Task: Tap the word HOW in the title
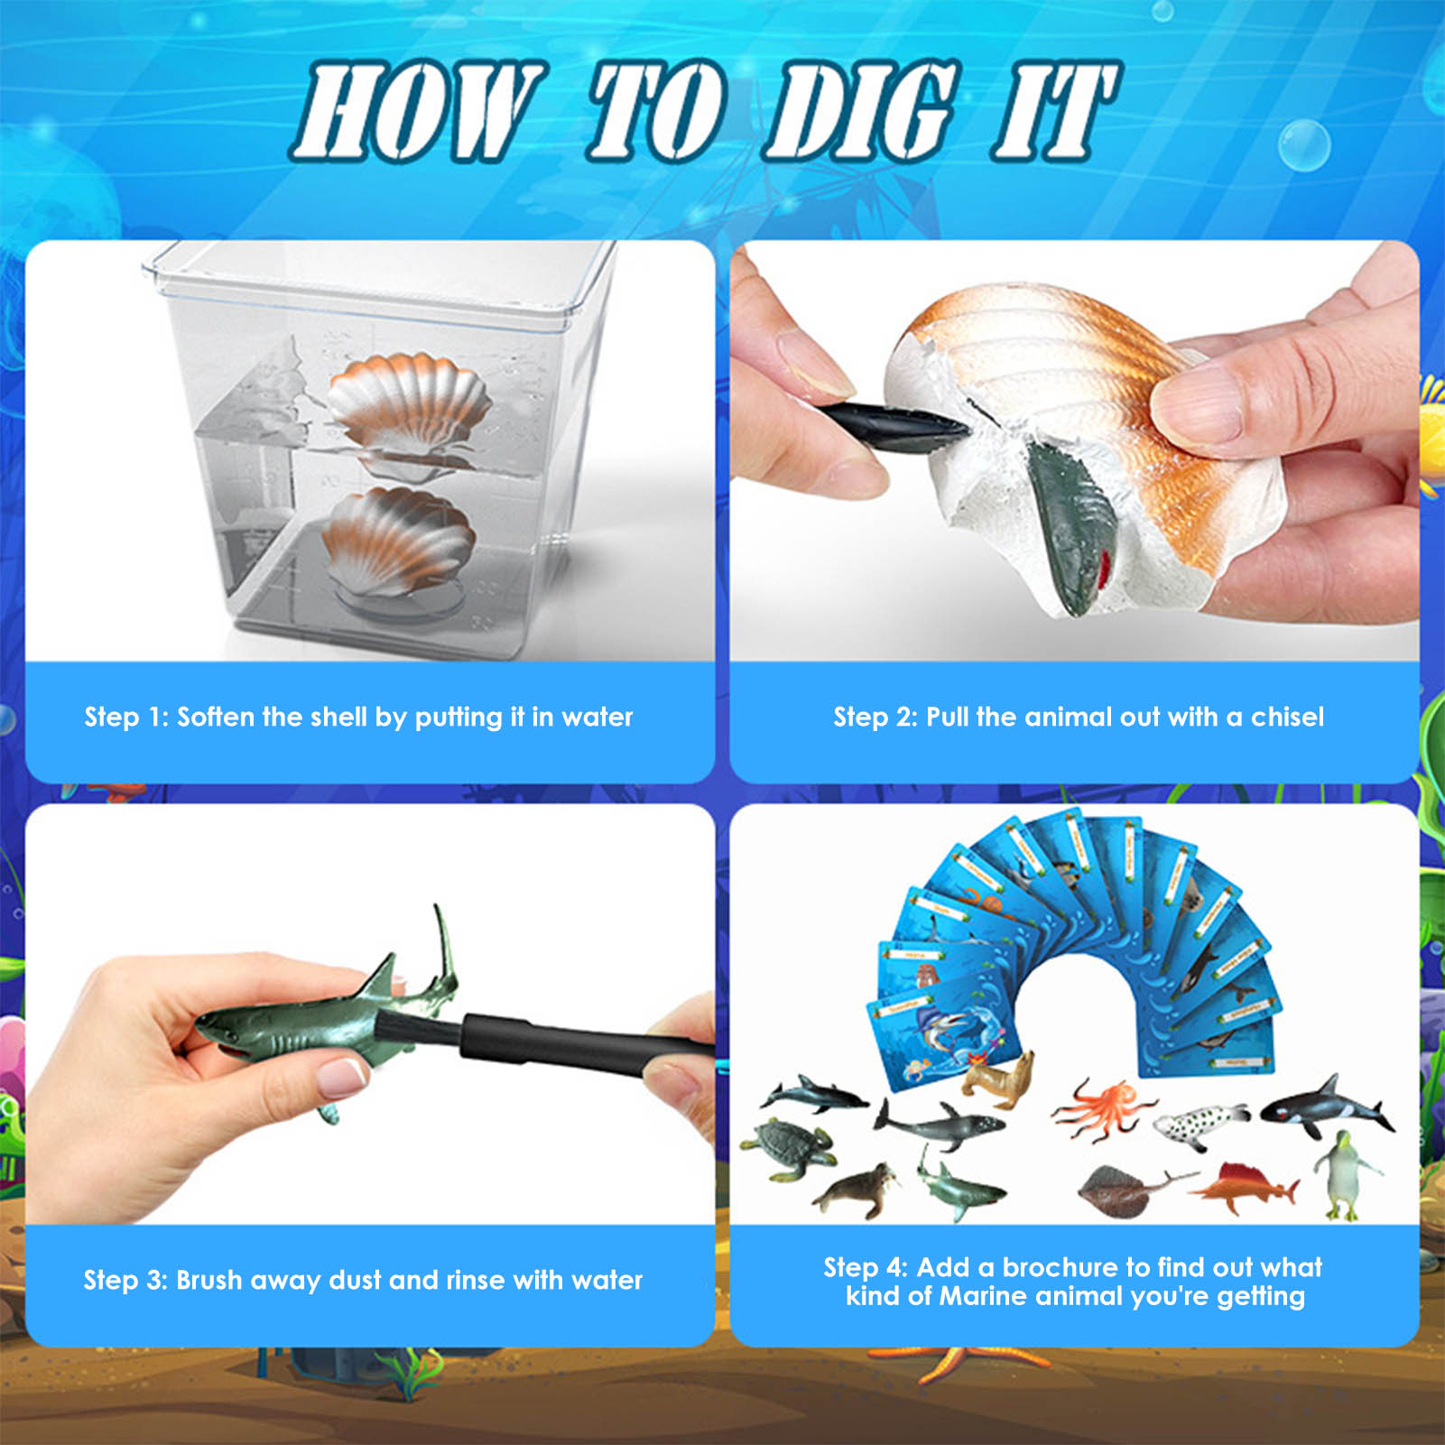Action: point(417,113)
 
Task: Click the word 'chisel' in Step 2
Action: point(1287,717)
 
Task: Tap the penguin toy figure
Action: point(1346,1173)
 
